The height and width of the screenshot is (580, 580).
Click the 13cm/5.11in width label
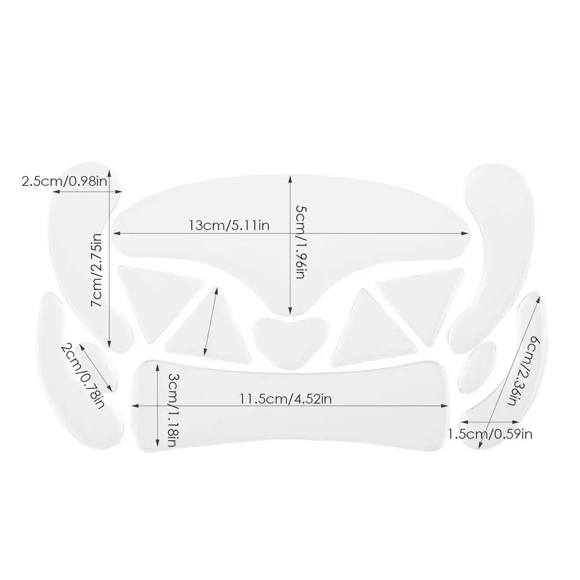[x=229, y=225]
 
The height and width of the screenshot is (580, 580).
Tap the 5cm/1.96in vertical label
[x=300, y=242]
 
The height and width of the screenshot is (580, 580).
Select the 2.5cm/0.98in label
[x=64, y=181]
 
